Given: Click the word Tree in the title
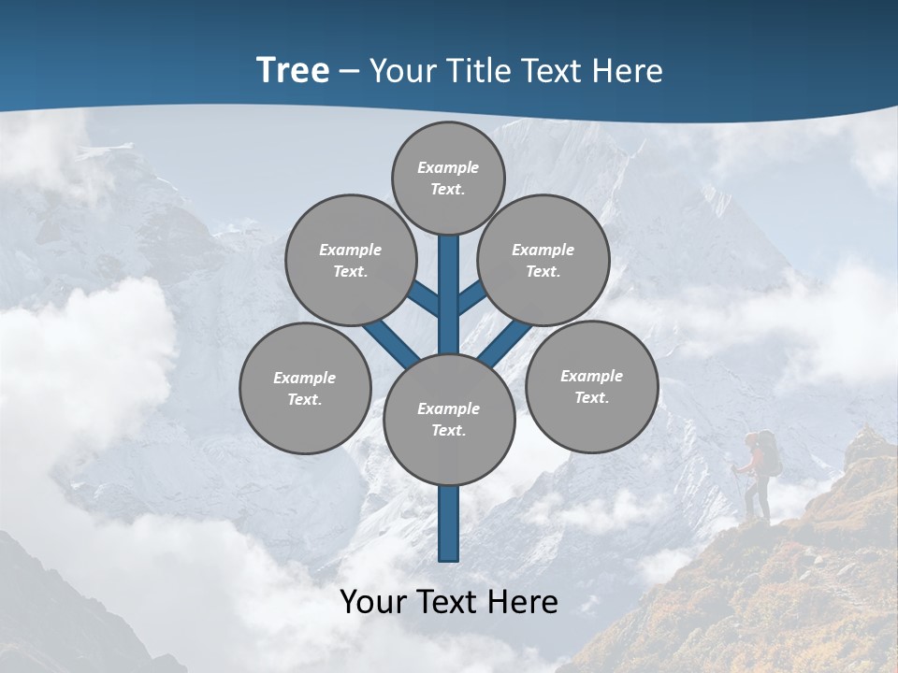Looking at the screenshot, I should pos(293,71).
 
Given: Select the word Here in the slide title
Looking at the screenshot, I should pos(629,71).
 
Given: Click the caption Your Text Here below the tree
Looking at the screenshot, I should pos(449,602).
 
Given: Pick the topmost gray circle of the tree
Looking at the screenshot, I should pos(448,178).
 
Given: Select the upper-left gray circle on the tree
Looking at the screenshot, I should pos(350,260).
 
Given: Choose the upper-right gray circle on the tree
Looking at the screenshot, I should pos(543,260).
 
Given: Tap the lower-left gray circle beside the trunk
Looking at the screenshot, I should pos(305,388).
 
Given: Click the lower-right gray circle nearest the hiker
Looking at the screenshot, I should pos(591,386).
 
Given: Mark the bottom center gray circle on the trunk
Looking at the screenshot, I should pos(449,420).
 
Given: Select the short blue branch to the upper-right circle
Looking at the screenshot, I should pos(471,298).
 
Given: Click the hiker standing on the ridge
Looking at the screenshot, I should pos(758,477).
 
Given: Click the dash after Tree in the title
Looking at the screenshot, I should pos(350,72).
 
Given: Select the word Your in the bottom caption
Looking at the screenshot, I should pos(373,602).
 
